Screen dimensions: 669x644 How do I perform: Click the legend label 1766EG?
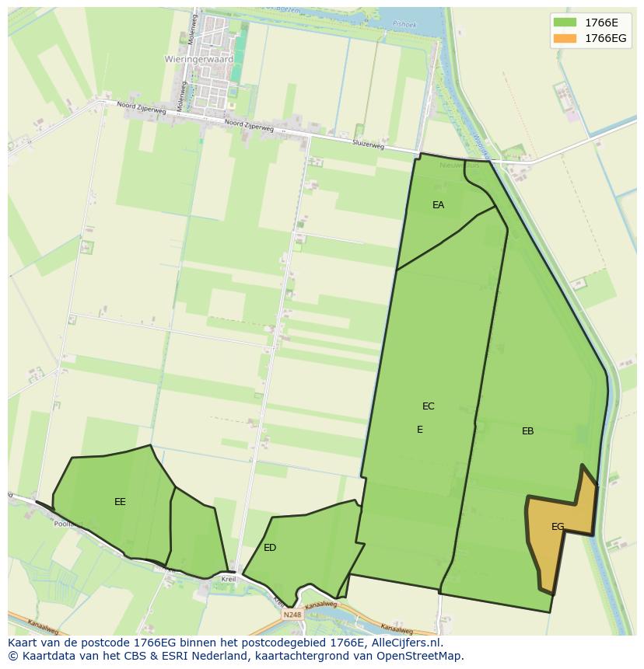605,38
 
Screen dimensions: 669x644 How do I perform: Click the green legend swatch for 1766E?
565,23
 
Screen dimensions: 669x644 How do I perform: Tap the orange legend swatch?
565,38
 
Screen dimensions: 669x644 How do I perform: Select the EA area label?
438,205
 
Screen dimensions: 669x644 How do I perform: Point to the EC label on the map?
428,406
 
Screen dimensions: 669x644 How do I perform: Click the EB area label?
527,431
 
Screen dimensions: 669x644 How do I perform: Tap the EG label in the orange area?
558,527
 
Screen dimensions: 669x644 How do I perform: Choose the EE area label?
120,502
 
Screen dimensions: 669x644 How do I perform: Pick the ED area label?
270,548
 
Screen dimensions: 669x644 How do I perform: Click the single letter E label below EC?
420,430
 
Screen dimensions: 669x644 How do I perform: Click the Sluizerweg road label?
368,145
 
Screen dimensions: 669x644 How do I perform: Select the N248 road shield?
292,615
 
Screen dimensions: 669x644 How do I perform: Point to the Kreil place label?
228,580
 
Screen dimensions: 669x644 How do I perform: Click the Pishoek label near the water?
404,24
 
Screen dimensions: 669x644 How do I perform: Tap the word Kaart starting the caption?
23,643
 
